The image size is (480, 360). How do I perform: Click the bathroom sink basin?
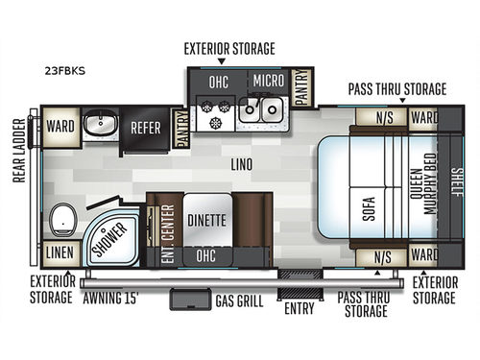coord(100,125)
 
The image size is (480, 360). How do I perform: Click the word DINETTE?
coord(205,218)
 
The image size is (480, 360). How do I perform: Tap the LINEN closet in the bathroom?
coord(58,253)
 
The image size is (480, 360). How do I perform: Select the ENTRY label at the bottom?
coord(300,308)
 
